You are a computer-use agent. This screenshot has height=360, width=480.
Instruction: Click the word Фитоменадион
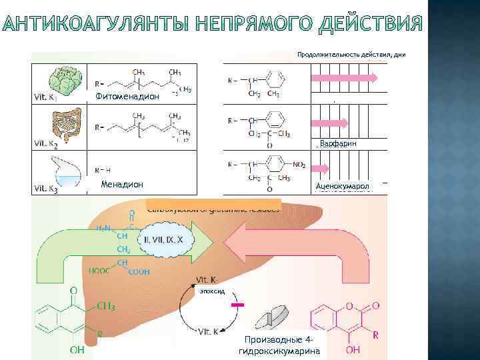[x=127, y=97]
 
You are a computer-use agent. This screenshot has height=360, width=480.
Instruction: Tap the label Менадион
[x=121, y=185]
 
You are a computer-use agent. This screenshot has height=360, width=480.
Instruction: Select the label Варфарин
[x=338, y=144]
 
